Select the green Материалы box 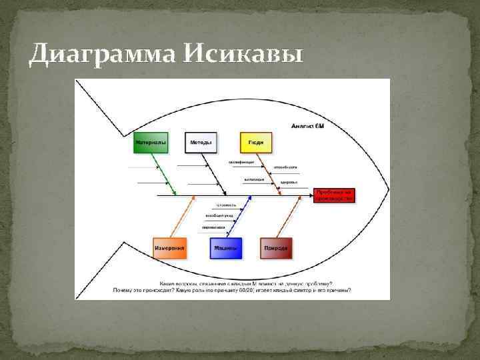pos(151,142)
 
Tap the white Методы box pos(201,142)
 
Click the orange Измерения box pos(169,247)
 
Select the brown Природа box pos(275,247)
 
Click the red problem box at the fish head pos(335,194)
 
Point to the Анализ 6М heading pos(307,125)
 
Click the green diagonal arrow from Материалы pos(165,173)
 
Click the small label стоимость pos(225,205)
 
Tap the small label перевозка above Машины pos(214,227)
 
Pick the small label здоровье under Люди pos(288,182)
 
